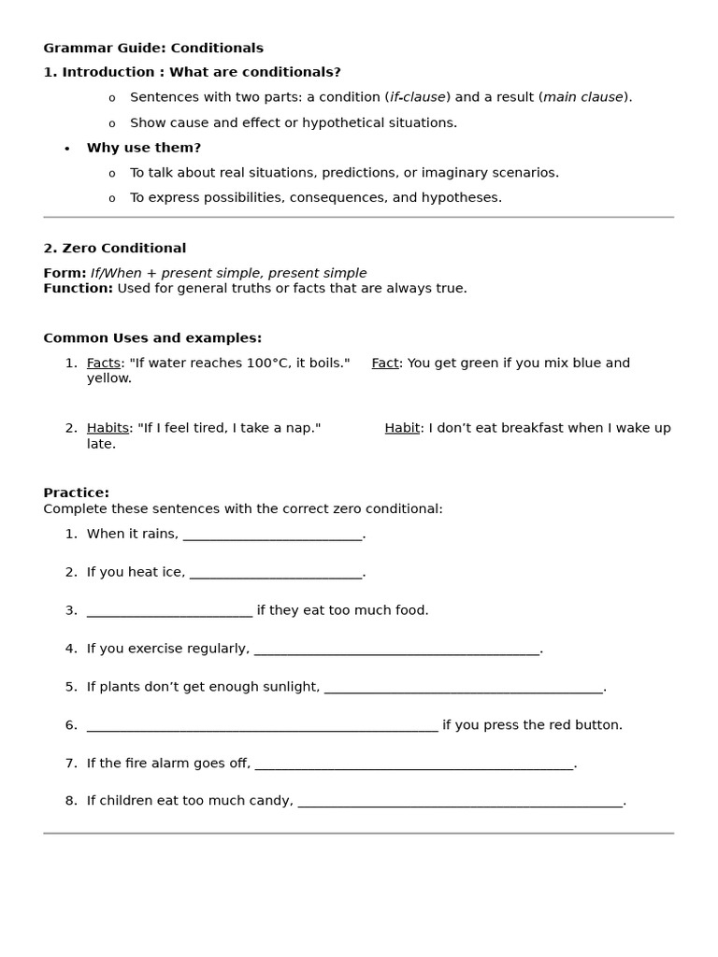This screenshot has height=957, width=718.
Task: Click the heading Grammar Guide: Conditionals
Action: pos(153,48)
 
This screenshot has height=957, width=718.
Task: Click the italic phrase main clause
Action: pos(583,97)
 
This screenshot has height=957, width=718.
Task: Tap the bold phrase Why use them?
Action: pos(144,148)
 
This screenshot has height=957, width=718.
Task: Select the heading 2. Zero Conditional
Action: pos(115,248)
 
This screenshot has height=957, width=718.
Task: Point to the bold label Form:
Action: pos(65,273)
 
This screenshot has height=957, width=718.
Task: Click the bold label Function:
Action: pos(78,288)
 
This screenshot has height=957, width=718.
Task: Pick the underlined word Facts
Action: pos(104,363)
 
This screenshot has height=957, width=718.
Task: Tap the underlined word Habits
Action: pos(108,428)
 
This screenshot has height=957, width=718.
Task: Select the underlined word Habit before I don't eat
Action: pos(402,428)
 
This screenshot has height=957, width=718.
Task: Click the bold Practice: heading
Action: pos(77,493)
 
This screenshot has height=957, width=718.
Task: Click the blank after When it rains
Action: pos(272,535)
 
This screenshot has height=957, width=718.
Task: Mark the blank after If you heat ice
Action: pos(275,573)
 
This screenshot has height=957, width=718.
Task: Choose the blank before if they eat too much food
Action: pos(169,611)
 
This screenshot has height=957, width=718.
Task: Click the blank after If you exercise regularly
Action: pos(396,650)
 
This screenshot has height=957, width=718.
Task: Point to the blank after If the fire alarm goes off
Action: pos(413,764)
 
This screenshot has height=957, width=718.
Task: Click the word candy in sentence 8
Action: pos(272,801)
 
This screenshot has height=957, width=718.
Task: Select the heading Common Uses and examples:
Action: pos(152,337)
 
